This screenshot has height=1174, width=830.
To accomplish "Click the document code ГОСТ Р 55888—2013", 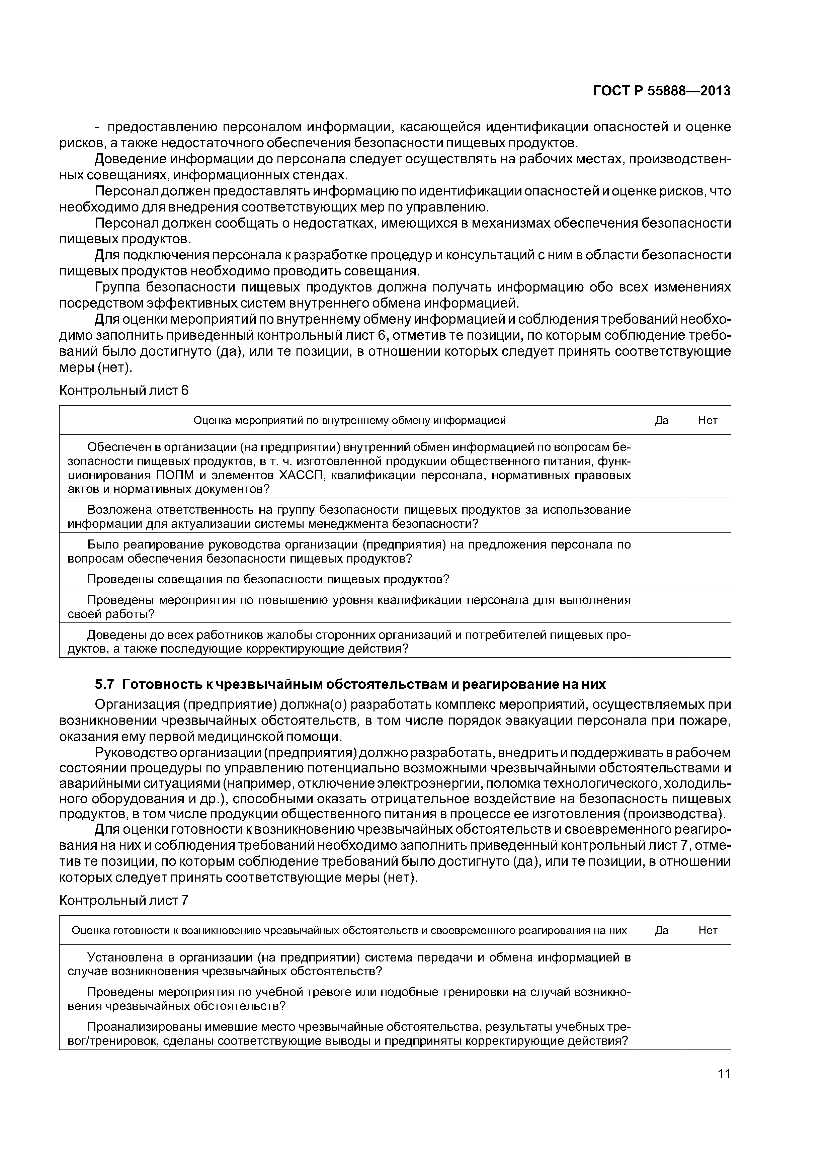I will tap(661, 91).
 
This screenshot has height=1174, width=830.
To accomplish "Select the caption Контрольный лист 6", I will tap(124, 391).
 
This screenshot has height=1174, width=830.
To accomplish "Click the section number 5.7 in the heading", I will tap(106, 684).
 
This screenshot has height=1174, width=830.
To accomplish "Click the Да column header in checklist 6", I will tap(661, 420).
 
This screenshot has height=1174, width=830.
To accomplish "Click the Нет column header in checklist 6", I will tap(708, 420).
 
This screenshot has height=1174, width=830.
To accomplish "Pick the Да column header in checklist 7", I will tap(661, 930).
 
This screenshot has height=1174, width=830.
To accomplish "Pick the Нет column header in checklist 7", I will tap(708, 930).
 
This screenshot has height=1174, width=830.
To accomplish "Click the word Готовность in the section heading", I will tap(167, 684).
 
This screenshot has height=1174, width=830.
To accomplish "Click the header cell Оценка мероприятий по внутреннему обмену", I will tap(349, 420).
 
